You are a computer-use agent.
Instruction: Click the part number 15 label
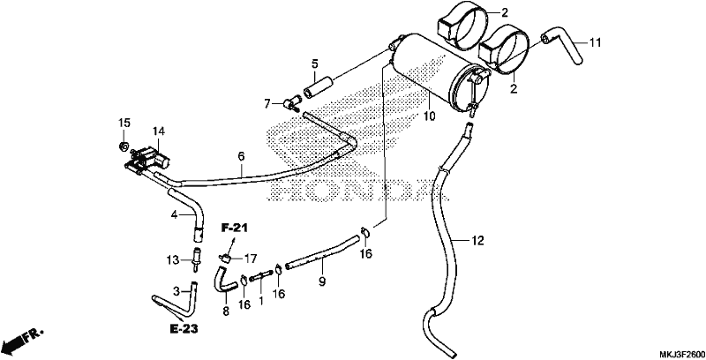(124, 123)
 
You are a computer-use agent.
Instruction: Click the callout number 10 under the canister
(429, 116)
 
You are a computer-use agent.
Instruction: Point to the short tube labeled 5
(319, 87)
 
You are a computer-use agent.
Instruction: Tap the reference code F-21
(234, 229)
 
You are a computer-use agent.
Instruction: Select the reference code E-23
(184, 329)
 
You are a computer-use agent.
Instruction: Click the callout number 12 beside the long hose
(477, 241)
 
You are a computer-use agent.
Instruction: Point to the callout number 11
(595, 43)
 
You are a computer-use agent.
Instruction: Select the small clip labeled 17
(226, 258)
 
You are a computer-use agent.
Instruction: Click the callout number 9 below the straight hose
(322, 281)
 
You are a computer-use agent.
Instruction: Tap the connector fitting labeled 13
(197, 259)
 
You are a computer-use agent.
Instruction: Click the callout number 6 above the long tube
(241, 156)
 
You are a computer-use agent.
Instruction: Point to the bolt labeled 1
(261, 275)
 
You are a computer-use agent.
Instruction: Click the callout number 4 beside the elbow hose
(175, 215)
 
